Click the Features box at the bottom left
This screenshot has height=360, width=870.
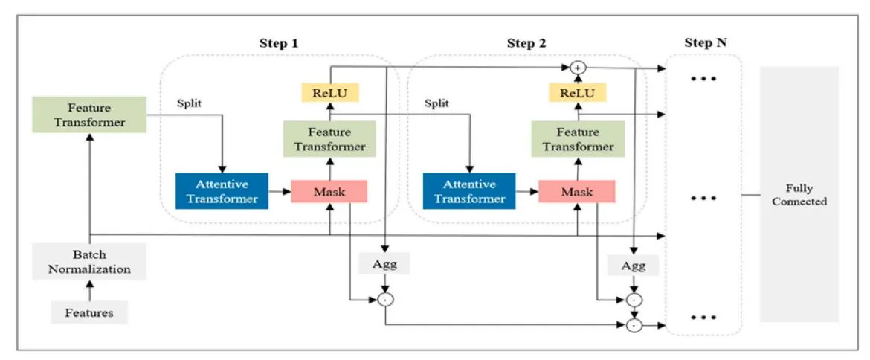(89, 312)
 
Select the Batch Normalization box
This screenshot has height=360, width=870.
(89, 262)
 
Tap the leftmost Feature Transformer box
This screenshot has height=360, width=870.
(89, 115)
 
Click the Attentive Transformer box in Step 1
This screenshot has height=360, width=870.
(222, 191)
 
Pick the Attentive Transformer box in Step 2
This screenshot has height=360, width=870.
(469, 191)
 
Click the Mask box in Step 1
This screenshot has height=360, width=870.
(329, 192)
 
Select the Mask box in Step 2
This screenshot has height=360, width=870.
(577, 192)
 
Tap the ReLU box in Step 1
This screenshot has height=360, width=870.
(329, 92)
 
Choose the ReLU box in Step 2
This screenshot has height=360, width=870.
(578, 92)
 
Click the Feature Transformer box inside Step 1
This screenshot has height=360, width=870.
(329, 139)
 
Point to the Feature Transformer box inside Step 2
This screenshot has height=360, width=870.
(578, 139)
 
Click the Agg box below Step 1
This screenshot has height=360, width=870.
(384, 263)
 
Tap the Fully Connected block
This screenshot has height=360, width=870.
(799, 195)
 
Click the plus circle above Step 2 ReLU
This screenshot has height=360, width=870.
(578, 68)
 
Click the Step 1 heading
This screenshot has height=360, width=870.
(279, 43)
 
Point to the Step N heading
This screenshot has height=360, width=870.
(706, 43)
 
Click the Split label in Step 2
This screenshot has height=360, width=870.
(436, 103)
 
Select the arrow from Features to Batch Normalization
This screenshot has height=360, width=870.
(89, 291)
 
